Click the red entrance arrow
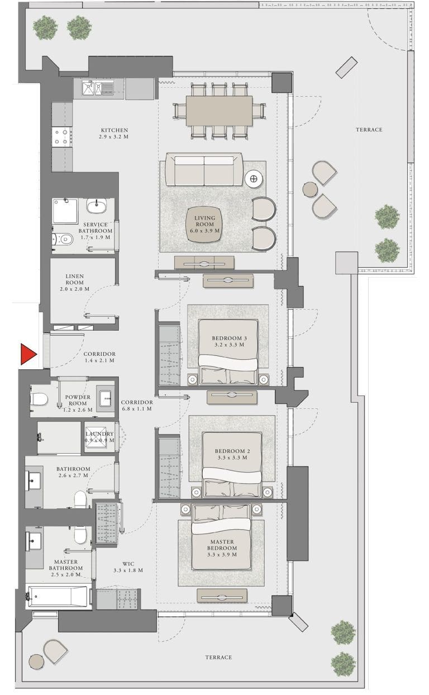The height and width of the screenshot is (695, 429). [x=27, y=355]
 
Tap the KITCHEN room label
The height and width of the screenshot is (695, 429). [x=113, y=130]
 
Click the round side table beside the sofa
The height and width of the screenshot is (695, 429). [x=254, y=179]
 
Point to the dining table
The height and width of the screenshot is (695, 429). [x=218, y=111]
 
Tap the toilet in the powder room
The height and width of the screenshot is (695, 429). [x=40, y=399]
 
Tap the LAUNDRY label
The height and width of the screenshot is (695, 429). [x=99, y=434]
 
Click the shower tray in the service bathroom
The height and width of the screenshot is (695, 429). [x=66, y=211]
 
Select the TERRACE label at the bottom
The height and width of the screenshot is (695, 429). [x=218, y=658]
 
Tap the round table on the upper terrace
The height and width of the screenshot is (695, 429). [x=310, y=189]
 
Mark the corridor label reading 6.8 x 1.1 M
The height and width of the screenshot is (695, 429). [x=137, y=409]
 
